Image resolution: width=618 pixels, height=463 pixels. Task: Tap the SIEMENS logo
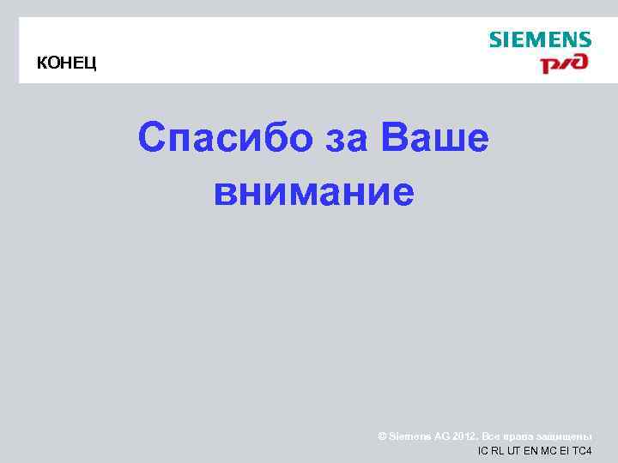click(540, 39)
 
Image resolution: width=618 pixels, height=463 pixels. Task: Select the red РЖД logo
click(563, 64)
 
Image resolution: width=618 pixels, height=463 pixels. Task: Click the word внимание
click(314, 190)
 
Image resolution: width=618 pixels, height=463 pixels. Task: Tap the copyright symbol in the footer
click(382, 436)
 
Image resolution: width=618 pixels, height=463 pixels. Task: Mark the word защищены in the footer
click(562, 436)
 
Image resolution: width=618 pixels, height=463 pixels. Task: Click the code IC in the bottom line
click(482, 451)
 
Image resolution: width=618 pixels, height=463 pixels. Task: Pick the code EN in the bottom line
click(530, 451)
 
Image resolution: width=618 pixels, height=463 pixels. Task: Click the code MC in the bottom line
click(547, 451)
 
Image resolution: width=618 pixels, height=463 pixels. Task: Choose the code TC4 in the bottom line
click(581, 451)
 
